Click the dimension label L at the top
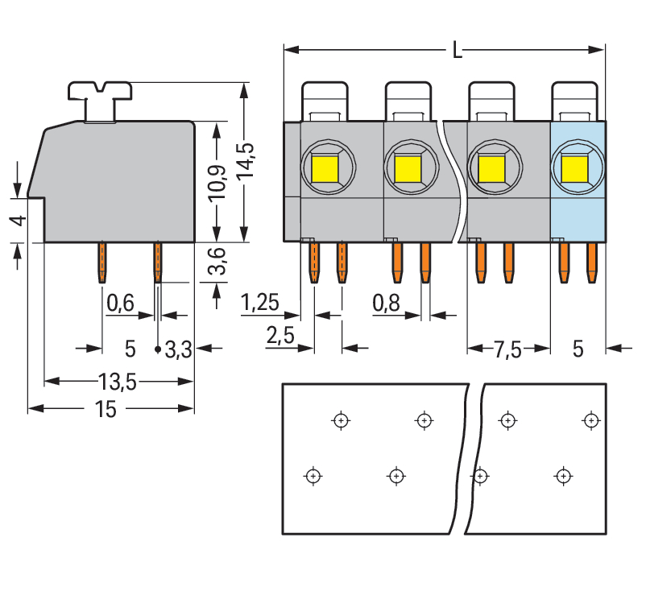[x=457, y=51]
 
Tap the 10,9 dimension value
[x=217, y=185]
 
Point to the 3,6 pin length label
[x=216, y=262]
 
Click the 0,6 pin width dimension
[x=120, y=304]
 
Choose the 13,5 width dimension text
[x=118, y=382]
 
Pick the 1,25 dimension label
[x=260, y=304]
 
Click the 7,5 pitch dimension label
[x=508, y=349]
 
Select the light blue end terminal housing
[x=577, y=209]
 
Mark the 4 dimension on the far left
[x=21, y=220]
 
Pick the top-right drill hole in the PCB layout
[x=590, y=419]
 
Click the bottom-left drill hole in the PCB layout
[x=313, y=475]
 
